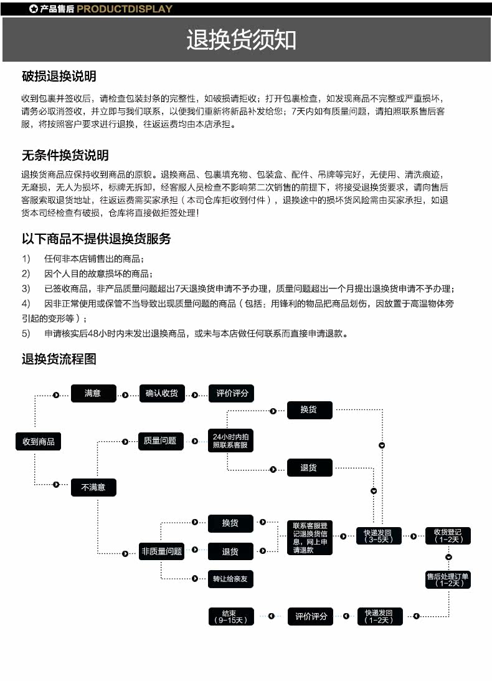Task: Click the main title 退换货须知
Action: pos(241,40)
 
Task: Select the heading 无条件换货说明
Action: pos(65,155)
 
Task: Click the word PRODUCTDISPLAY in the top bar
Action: pos(125,9)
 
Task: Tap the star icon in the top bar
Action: pos(33,9)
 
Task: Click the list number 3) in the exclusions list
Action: pos(26,288)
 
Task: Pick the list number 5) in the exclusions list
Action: pos(26,333)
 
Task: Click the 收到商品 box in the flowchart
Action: pos(39,442)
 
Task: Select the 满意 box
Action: pos(93,393)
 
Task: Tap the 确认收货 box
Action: pos(161,393)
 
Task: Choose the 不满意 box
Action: pos(93,487)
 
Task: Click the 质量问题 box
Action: pos(160,441)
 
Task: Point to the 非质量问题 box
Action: pos(161,551)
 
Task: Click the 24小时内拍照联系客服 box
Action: pos(230,441)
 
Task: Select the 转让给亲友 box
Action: pos(230,579)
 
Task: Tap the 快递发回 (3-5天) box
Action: pos(378,536)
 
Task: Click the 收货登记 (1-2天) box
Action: pos(448,535)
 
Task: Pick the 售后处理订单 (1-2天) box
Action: pos(448,579)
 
